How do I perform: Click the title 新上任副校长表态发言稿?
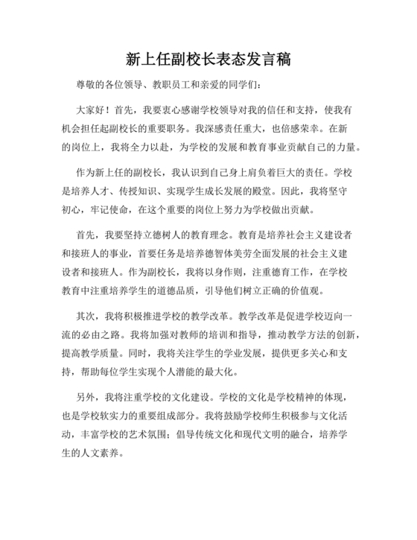(x=208, y=60)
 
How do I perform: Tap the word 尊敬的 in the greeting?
(x=90, y=85)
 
